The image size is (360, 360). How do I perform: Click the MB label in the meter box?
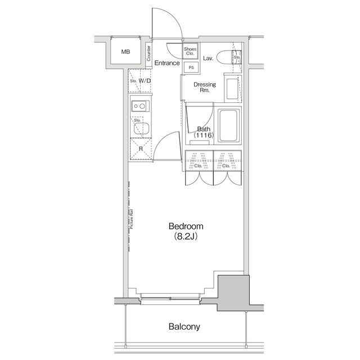[125, 52]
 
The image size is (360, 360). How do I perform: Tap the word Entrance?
[167, 63]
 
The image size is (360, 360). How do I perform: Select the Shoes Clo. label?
[190, 52]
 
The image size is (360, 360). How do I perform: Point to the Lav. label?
[208, 58]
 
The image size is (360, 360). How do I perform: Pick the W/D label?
[145, 81]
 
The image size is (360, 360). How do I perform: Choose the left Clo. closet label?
[198, 166]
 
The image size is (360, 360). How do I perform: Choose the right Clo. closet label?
[226, 166]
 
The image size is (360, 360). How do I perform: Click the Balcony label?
[184, 327]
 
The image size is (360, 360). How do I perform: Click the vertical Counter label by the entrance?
[148, 53]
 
